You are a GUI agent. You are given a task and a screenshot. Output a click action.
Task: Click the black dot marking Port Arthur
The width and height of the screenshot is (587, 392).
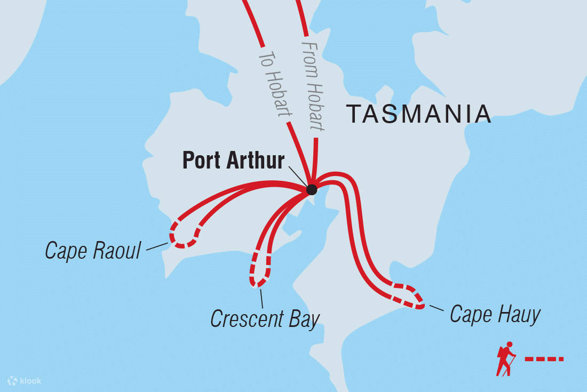click(312, 189)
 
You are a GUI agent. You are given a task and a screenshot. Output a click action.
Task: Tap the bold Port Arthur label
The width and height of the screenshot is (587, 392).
click(233, 161)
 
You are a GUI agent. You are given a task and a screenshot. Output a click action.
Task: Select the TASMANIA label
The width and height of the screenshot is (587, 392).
click(418, 114)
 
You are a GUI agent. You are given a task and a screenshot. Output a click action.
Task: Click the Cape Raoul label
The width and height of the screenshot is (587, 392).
click(93, 250)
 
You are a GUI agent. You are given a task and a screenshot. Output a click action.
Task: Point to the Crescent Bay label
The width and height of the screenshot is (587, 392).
click(265, 319)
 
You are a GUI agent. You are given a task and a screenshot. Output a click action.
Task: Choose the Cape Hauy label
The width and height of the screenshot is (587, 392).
click(495, 314)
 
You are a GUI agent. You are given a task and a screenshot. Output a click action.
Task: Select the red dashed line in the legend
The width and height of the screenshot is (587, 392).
click(544, 359)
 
